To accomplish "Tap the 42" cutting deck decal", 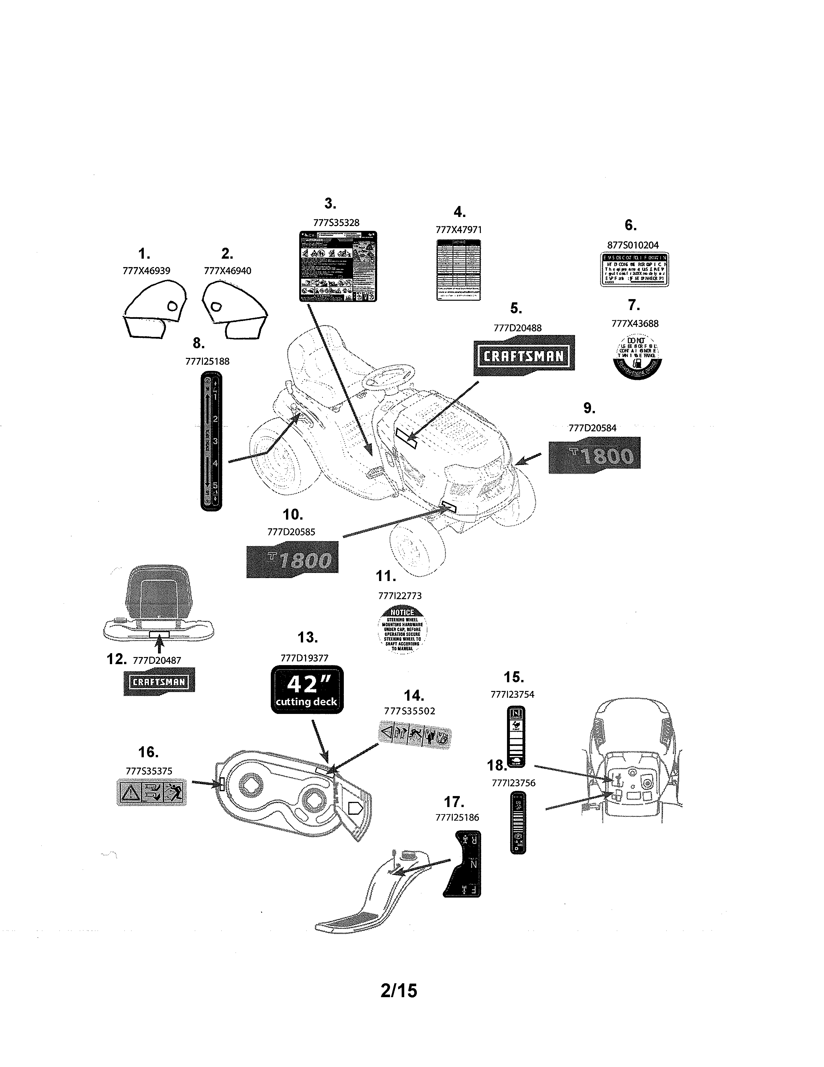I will click(x=307, y=689).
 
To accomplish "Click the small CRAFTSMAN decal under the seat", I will click(x=159, y=682).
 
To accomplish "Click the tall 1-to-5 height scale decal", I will click(x=211, y=441).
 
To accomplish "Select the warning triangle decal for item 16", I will click(x=151, y=792).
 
